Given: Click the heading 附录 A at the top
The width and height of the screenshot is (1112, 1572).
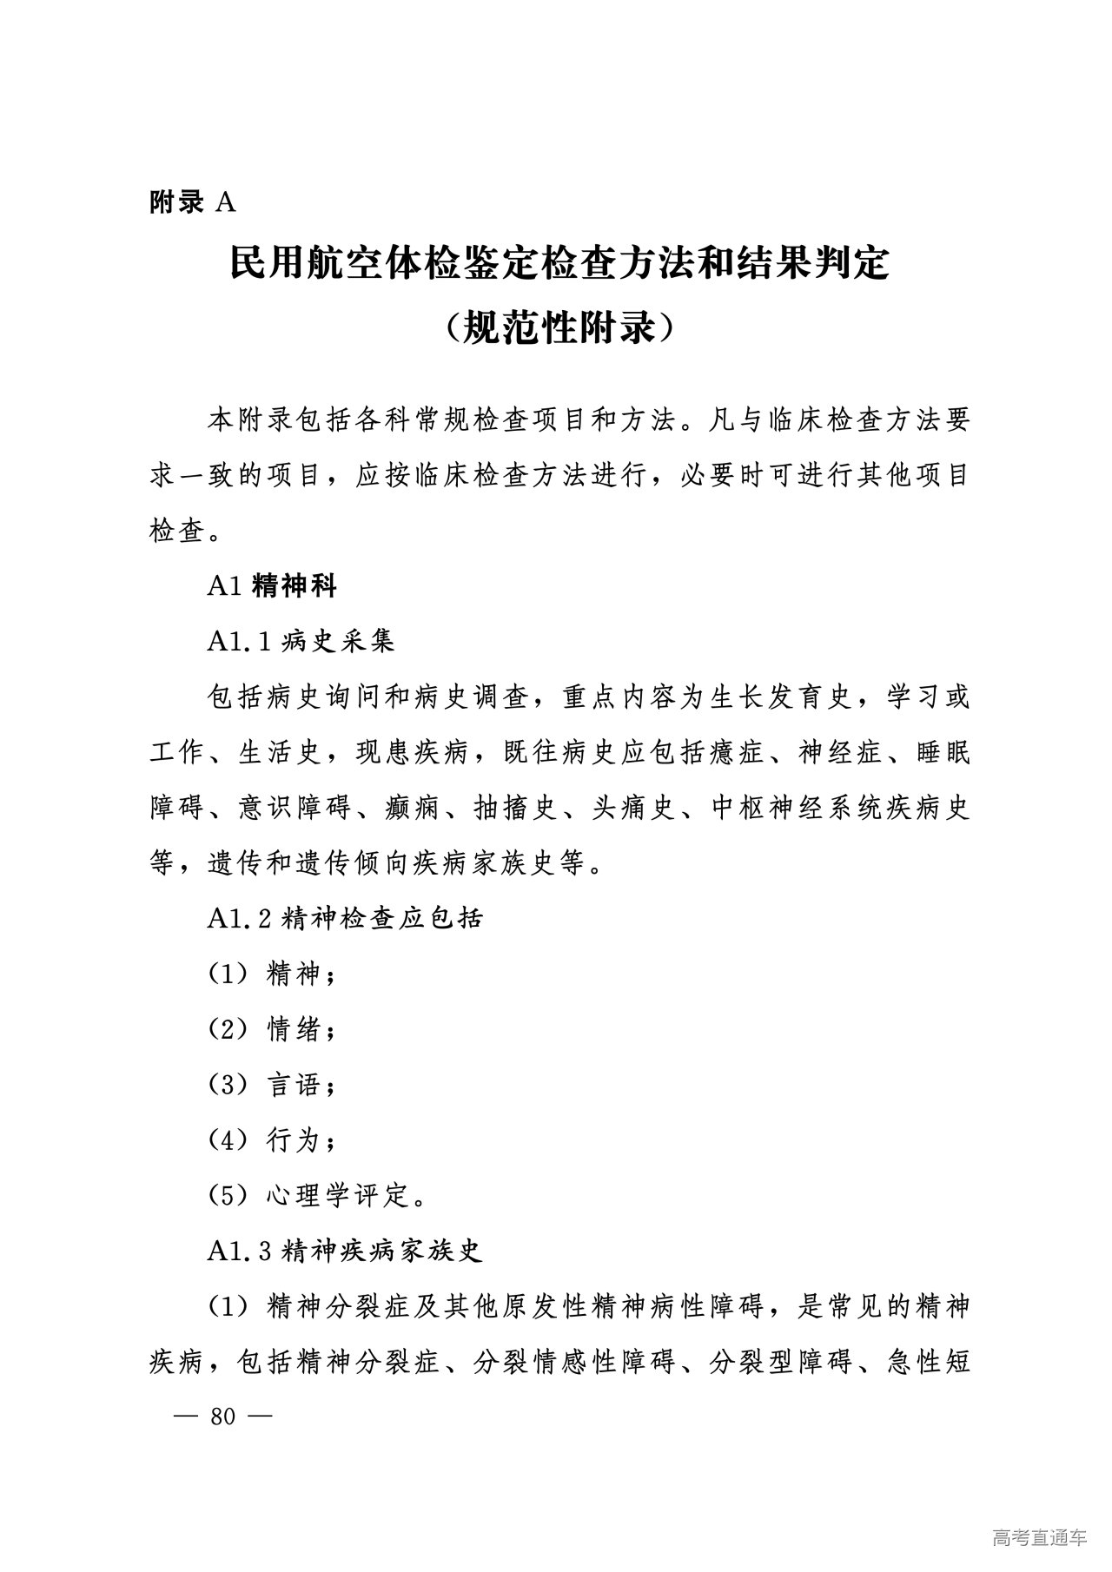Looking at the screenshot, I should [192, 202].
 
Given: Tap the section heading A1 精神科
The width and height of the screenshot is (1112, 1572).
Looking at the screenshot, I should [271, 586].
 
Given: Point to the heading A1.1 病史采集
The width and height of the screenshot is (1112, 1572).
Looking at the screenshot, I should [301, 641].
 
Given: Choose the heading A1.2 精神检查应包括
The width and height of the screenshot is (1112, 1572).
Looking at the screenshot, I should [345, 918].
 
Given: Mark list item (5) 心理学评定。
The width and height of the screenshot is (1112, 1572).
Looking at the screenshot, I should [317, 1196].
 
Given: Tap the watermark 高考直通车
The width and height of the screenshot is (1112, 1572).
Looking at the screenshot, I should [1039, 1537].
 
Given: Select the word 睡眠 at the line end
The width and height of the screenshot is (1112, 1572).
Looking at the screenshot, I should [942, 752].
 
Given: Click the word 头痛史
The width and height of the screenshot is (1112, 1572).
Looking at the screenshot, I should [633, 808].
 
